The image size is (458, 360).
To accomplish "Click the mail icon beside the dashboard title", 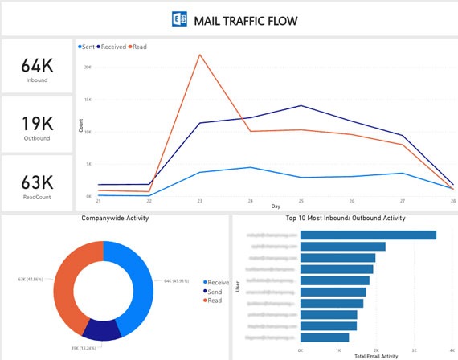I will click(180, 18).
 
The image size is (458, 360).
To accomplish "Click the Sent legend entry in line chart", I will click(87, 47).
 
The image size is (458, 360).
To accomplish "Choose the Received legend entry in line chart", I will click(112, 47).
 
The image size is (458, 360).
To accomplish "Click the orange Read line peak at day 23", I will click(199, 55).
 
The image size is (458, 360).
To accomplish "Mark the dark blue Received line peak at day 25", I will click(301, 105).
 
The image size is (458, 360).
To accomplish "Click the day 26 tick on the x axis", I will click(351, 202).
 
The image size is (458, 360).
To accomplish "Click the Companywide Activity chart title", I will click(114, 218).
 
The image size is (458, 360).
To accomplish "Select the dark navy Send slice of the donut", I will click(104, 330).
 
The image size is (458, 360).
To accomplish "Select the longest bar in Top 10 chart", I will click(368, 235).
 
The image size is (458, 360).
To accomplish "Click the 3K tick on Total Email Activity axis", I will click(415, 350).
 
